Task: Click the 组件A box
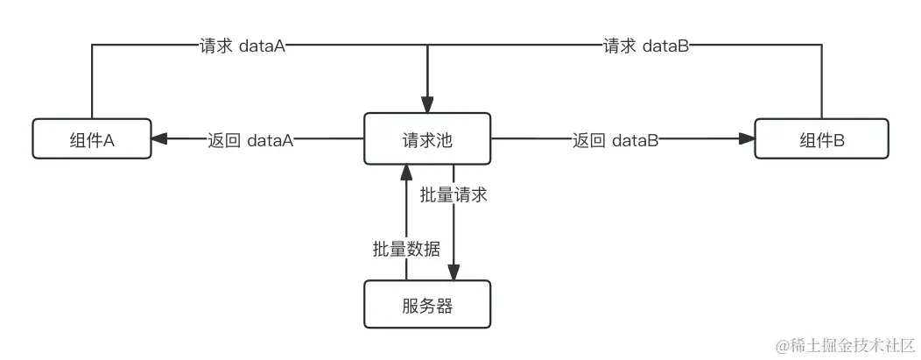[92, 138]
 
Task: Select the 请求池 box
[427, 138]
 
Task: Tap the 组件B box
[821, 138]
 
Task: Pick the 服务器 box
[427, 306]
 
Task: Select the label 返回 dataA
[250, 139]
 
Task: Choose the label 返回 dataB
[615, 139]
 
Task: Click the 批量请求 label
[453, 195]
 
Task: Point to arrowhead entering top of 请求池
[427, 105]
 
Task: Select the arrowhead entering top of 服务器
[453, 272]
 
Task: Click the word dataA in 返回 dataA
[270, 139]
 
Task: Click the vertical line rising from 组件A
[92, 83]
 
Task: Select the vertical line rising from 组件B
[822, 83]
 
